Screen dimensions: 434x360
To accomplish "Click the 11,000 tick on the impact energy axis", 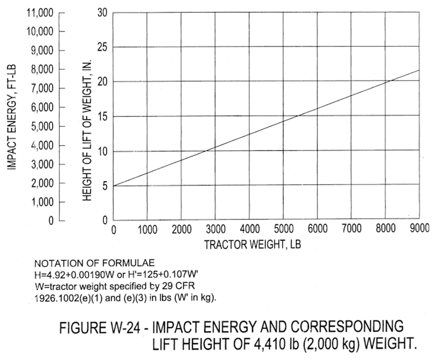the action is pos(39,13).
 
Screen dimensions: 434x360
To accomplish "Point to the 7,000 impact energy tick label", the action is pos(42,89).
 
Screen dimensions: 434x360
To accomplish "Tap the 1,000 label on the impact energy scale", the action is pos(42,202).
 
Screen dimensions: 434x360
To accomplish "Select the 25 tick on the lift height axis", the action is pos(102,47).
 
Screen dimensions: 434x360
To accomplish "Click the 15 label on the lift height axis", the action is pos(102,117).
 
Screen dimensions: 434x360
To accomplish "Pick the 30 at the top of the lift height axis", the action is pos(102,12).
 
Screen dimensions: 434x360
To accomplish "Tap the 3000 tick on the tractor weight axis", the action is pos(216,229).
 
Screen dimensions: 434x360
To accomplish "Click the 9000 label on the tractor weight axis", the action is pos(420,228).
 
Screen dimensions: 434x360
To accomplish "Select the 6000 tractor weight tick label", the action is pos(318,229).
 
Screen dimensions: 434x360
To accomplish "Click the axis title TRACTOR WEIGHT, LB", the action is pos(252,244).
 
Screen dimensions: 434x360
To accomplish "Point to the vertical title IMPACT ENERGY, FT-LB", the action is pos(12,117).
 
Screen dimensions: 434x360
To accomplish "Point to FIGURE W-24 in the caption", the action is pos(101,328).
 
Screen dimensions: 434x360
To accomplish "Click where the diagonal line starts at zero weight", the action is pos(113,186).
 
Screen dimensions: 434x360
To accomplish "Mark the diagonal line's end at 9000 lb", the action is pos(419,70).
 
